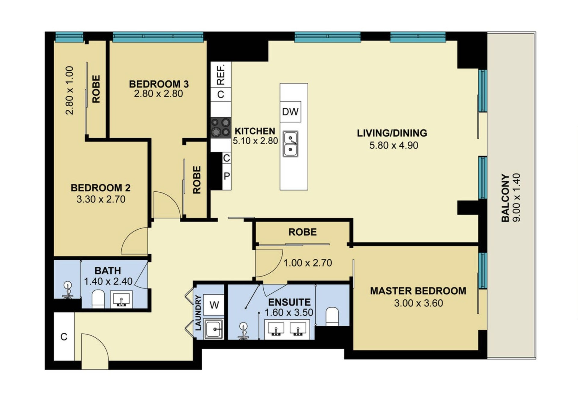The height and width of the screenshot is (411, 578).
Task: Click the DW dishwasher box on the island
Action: click(291, 111)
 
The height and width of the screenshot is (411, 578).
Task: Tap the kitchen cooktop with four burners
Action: click(221, 127)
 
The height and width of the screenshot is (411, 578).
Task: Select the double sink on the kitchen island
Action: click(291, 144)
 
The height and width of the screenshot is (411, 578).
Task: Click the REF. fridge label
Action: click(221, 74)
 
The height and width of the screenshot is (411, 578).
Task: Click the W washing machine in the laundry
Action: click(214, 305)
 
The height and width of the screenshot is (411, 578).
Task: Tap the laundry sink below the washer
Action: click(214, 329)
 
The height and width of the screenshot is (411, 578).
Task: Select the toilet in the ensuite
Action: click(332, 316)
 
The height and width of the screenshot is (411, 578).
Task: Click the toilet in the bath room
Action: click(98, 299)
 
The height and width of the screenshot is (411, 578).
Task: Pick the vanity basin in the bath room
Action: click(121, 300)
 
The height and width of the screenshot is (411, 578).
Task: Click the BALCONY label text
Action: click(505, 198)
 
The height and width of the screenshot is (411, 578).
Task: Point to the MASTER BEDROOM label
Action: click(418, 291)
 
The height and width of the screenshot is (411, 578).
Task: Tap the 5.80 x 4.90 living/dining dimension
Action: click(394, 145)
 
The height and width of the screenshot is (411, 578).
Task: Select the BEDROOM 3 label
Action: click(159, 84)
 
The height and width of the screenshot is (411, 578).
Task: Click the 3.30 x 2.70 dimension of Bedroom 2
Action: click(101, 199)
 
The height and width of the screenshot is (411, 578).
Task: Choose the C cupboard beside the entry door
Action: click(64, 337)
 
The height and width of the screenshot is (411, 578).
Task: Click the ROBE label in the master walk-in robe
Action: click(303, 232)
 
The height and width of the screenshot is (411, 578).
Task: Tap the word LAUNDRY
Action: click(198, 313)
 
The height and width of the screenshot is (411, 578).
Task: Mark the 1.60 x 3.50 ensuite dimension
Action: click(289, 312)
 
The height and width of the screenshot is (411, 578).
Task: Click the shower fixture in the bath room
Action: click(68, 290)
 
